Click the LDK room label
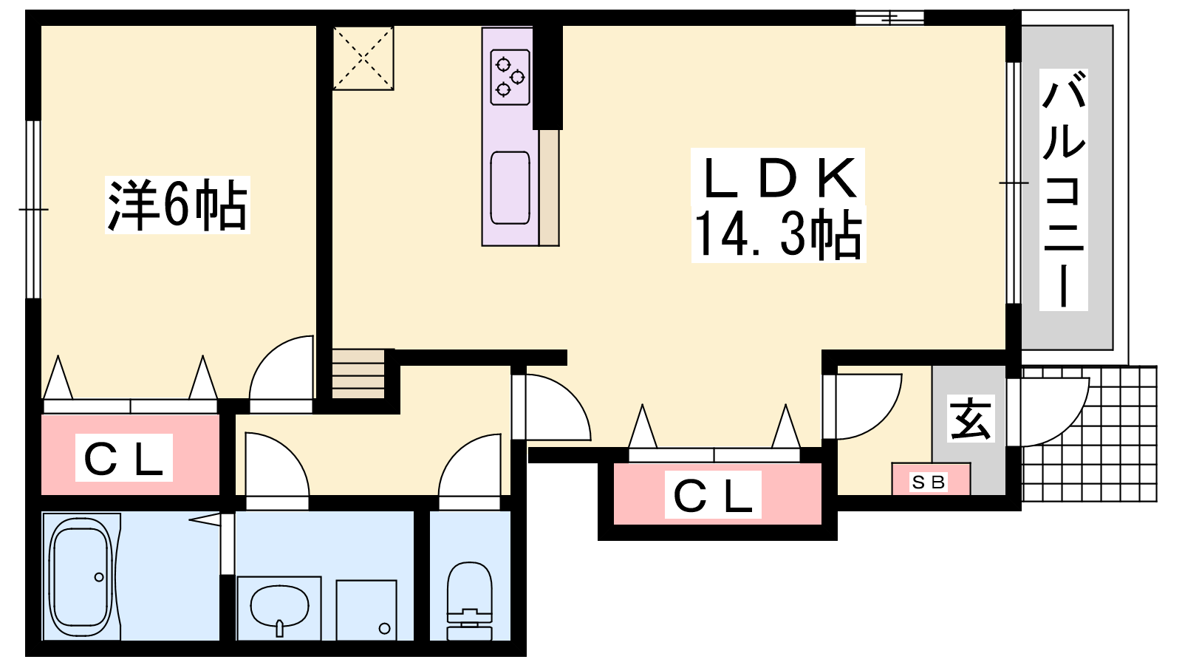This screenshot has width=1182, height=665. pyautogui.click(x=779, y=179)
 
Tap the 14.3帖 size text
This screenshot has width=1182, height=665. pyautogui.click(x=779, y=234)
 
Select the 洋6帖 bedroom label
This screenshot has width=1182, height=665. pyautogui.click(x=177, y=205)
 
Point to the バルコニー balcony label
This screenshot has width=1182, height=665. pyautogui.click(x=1063, y=189)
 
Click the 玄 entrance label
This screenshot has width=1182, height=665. pyautogui.click(x=971, y=418)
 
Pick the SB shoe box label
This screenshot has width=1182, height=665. pyautogui.click(x=928, y=482)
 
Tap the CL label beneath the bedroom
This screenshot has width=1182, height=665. pyautogui.click(x=123, y=458)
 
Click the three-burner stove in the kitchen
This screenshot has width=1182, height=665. pyautogui.click(x=510, y=77)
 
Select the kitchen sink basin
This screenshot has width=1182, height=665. pyautogui.click(x=510, y=188)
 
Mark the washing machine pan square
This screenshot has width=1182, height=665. pyautogui.click(x=366, y=610)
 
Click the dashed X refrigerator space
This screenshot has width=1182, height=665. pyautogui.click(x=363, y=58)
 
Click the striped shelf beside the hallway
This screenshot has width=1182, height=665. pyautogui.click(x=358, y=374)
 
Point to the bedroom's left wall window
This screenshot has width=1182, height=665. pyautogui.click(x=33, y=210)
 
